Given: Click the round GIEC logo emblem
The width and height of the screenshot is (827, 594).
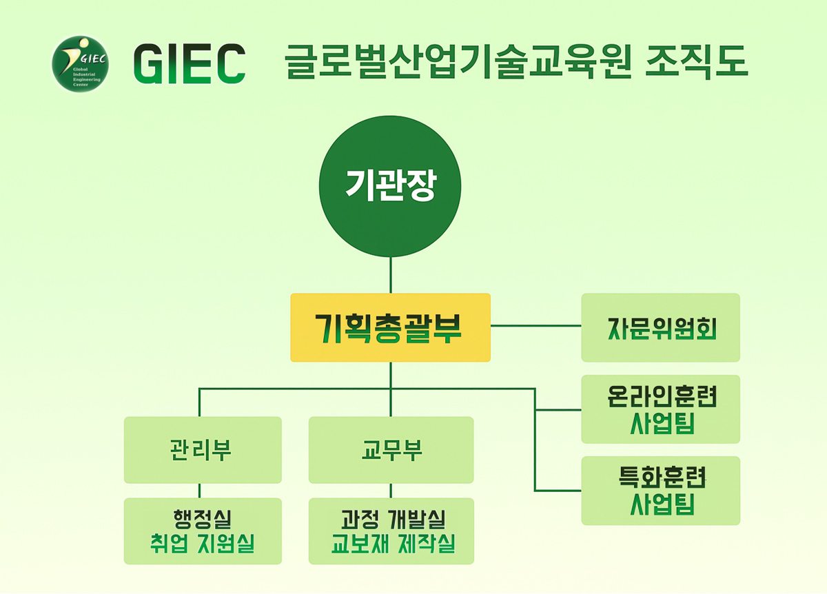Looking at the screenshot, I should [x=81, y=64].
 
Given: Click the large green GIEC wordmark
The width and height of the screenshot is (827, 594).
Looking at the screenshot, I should [x=190, y=64].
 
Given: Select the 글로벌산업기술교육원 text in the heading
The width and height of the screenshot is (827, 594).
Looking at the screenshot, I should [x=458, y=63].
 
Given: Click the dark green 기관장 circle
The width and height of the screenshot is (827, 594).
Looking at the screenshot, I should [x=390, y=186].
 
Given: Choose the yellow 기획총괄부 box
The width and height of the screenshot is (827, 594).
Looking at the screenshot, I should [x=390, y=328].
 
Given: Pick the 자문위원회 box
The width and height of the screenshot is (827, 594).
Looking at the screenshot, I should [x=660, y=328].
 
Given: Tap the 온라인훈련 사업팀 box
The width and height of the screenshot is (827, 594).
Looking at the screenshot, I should [x=660, y=409].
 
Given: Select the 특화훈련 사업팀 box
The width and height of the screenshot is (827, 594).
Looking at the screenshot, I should [x=660, y=491].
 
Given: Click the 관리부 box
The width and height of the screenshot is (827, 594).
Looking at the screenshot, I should [x=203, y=450].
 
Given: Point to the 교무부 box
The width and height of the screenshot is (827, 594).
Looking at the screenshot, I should [x=391, y=450].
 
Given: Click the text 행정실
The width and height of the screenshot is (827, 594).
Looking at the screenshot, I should [x=202, y=517].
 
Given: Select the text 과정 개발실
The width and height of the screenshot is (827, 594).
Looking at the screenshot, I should [x=391, y=517].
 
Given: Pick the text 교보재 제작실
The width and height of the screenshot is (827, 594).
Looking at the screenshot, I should [x=391, y=544].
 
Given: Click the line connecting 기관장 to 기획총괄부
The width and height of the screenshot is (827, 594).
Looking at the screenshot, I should [x=391, y=275].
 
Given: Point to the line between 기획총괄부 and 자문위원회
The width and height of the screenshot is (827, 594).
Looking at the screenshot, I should [x=535, y=324].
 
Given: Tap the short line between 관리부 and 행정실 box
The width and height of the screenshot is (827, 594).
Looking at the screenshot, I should [x=200, y=491].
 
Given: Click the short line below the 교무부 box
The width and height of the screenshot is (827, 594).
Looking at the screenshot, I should [x=391, y=491].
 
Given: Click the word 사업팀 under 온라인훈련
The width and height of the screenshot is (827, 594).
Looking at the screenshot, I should [x=660, y=424].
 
